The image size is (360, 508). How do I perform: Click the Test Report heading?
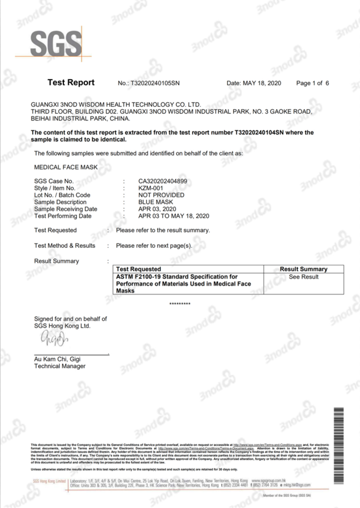pyautogui.click(x=71, y=83)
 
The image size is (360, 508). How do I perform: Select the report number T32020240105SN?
pyautogui.click(x=155, y=83)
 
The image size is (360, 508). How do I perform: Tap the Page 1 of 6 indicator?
pyautogui.click(x=313, y=83)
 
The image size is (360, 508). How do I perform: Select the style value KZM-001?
pyautogui.click(x=150, y=188)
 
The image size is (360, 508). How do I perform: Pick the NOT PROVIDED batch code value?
pyautogui.click(x=161, y=195)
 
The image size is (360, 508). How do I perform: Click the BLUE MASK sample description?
pyautogui.click(x=156, y=202)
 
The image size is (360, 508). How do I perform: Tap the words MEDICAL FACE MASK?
pyautogui.click(x=66, y=167)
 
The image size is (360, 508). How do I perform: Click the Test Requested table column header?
pyautogui.click(x=139, y=269)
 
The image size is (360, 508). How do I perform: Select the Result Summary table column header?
pyautogui.click(x=304, y=269)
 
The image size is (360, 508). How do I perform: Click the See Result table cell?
pyautogui.click(x=304, y=277)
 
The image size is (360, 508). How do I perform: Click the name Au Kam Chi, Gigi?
pyautogui.click(x=57, y=359)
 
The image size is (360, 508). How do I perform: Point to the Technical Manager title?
pyautogui.click(x=60, y=366)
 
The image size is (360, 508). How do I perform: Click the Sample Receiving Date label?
pyautogui.click(x=66, y=209)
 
